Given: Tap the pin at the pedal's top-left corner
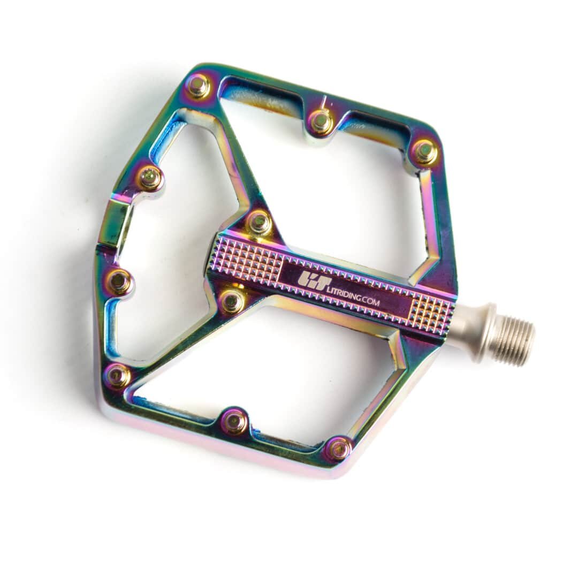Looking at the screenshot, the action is [x=202, y=90].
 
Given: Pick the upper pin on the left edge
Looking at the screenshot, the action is [x=149, y=174].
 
